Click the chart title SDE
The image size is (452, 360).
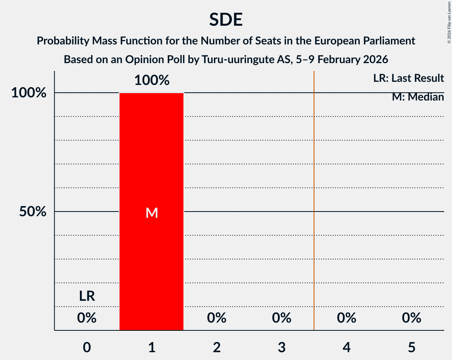click(226, 19)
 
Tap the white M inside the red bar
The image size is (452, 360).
click(152, 213)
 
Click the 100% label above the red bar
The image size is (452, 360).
click(152, 81)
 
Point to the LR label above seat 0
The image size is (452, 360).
click(87, 296)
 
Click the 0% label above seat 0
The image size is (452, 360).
click(87, 318)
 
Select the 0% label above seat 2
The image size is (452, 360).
click(217, 318)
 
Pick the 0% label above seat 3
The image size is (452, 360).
click(282, 318)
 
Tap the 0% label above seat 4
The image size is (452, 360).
click(347, 318)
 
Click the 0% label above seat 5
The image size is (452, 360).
click(411, 318)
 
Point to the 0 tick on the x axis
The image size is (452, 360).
click(87, 347)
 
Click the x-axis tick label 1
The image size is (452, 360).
click(152, 347)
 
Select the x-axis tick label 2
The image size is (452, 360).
click(217, 347)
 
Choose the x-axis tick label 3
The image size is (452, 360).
click(282, 347)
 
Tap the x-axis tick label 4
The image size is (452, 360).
click(347, 347)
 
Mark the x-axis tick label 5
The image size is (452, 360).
click(411, 347)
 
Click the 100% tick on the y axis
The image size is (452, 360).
click(29, 93)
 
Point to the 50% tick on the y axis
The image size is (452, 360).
click(33, 212)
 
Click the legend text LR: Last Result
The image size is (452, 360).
click(408, 78)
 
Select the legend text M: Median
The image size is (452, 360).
click(418, 97)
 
